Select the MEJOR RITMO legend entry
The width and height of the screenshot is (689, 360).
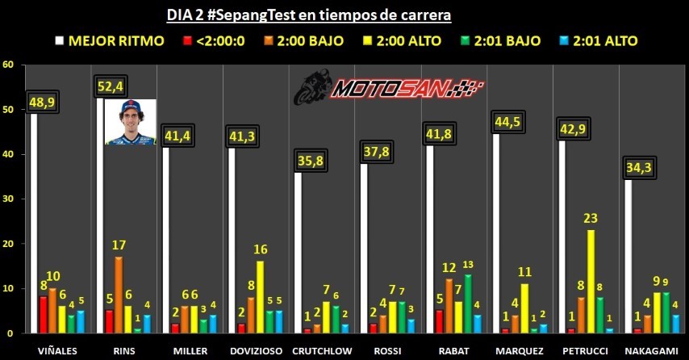coord(108,40)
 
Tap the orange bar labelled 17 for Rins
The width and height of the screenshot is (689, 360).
coord(118,295)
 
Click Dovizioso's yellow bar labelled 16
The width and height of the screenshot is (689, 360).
coord(260,296)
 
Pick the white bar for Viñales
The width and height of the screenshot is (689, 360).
coord(34,223)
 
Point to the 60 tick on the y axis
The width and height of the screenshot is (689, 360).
coord(10,65)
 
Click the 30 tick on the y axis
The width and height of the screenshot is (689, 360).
coord(10,199)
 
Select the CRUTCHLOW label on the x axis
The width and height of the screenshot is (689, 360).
coord(321,350)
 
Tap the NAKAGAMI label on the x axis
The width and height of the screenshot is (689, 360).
coord(650,350)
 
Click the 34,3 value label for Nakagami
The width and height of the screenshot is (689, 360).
coord(643,167)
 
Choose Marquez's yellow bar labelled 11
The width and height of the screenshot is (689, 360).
coord(525,308)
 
